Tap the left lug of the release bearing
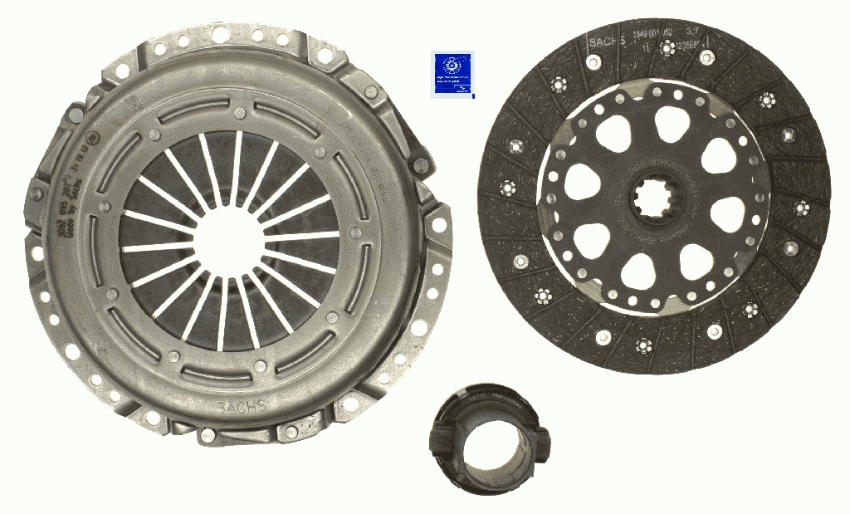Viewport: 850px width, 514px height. click(435, 433)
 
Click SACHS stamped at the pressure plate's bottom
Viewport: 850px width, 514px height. click(242, 406)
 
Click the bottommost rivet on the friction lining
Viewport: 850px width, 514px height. click(643, 345)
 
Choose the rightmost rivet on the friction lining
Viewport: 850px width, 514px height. click(803, 207)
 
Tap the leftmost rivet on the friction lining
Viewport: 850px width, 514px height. click(504, 189)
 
